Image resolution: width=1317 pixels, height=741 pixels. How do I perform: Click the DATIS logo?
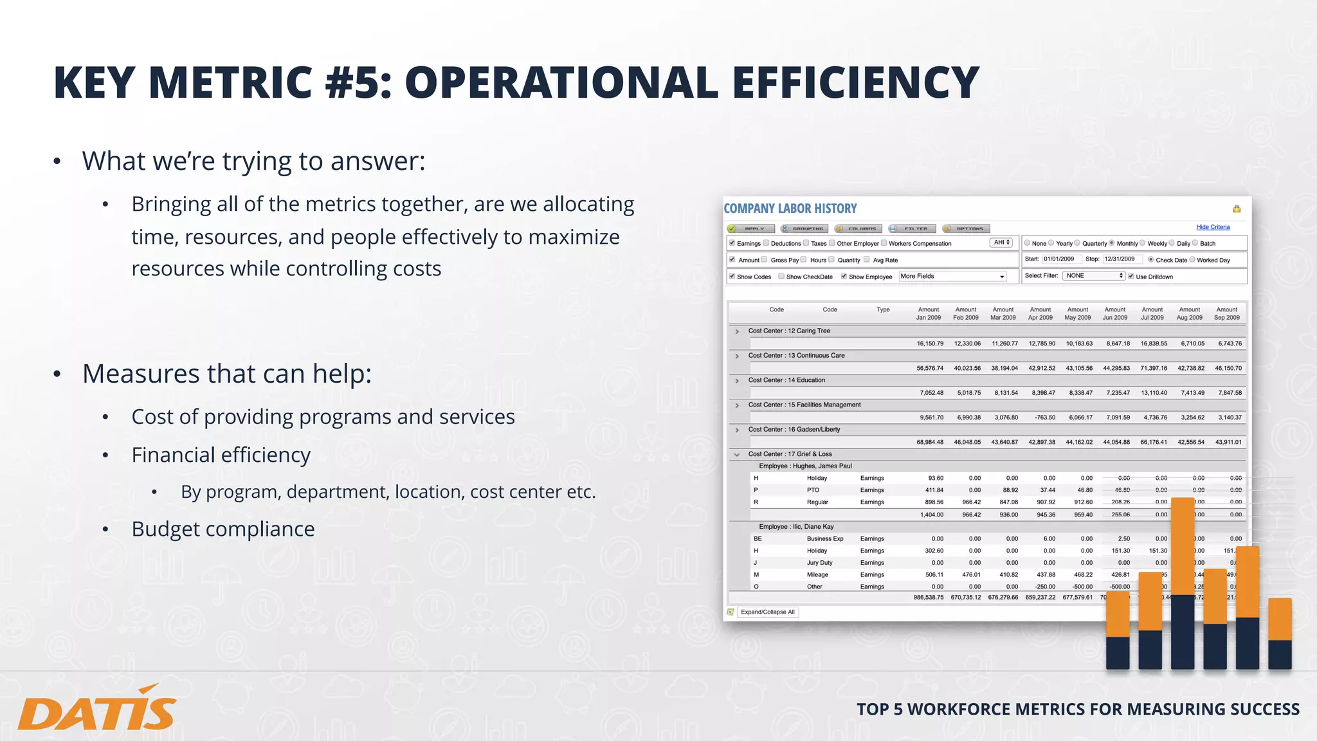(x=96, y=708)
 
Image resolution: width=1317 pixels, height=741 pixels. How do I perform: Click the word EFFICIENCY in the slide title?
(x=855, y=82)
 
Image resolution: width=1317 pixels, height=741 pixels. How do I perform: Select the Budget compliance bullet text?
(x=223, y=529)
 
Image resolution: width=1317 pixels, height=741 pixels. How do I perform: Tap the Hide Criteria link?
(x=1213, y=227)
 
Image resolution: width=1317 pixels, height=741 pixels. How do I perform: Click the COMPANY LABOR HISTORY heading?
(x=790, y=208)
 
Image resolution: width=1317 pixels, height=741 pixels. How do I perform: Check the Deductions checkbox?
(x=766, y=243)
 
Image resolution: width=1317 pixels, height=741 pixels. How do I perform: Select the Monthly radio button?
(x=1111, y=243)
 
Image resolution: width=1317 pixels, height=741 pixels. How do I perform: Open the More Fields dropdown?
(x=952, y=276)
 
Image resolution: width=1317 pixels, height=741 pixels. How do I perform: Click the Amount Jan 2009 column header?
(x=929, y=313)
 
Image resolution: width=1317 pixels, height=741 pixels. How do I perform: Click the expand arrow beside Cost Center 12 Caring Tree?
(x=737, y=331)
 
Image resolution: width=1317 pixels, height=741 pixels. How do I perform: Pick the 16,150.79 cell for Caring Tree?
(x=930, y=343)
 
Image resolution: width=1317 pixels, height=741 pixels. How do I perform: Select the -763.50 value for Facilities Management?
(x=1044, y=417)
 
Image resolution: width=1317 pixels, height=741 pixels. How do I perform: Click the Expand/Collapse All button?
(x=767, y=612)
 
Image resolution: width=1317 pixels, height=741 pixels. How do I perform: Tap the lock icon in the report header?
(x=1236, y=208)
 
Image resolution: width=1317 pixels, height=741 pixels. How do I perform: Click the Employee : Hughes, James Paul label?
(x=805, y=466)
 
